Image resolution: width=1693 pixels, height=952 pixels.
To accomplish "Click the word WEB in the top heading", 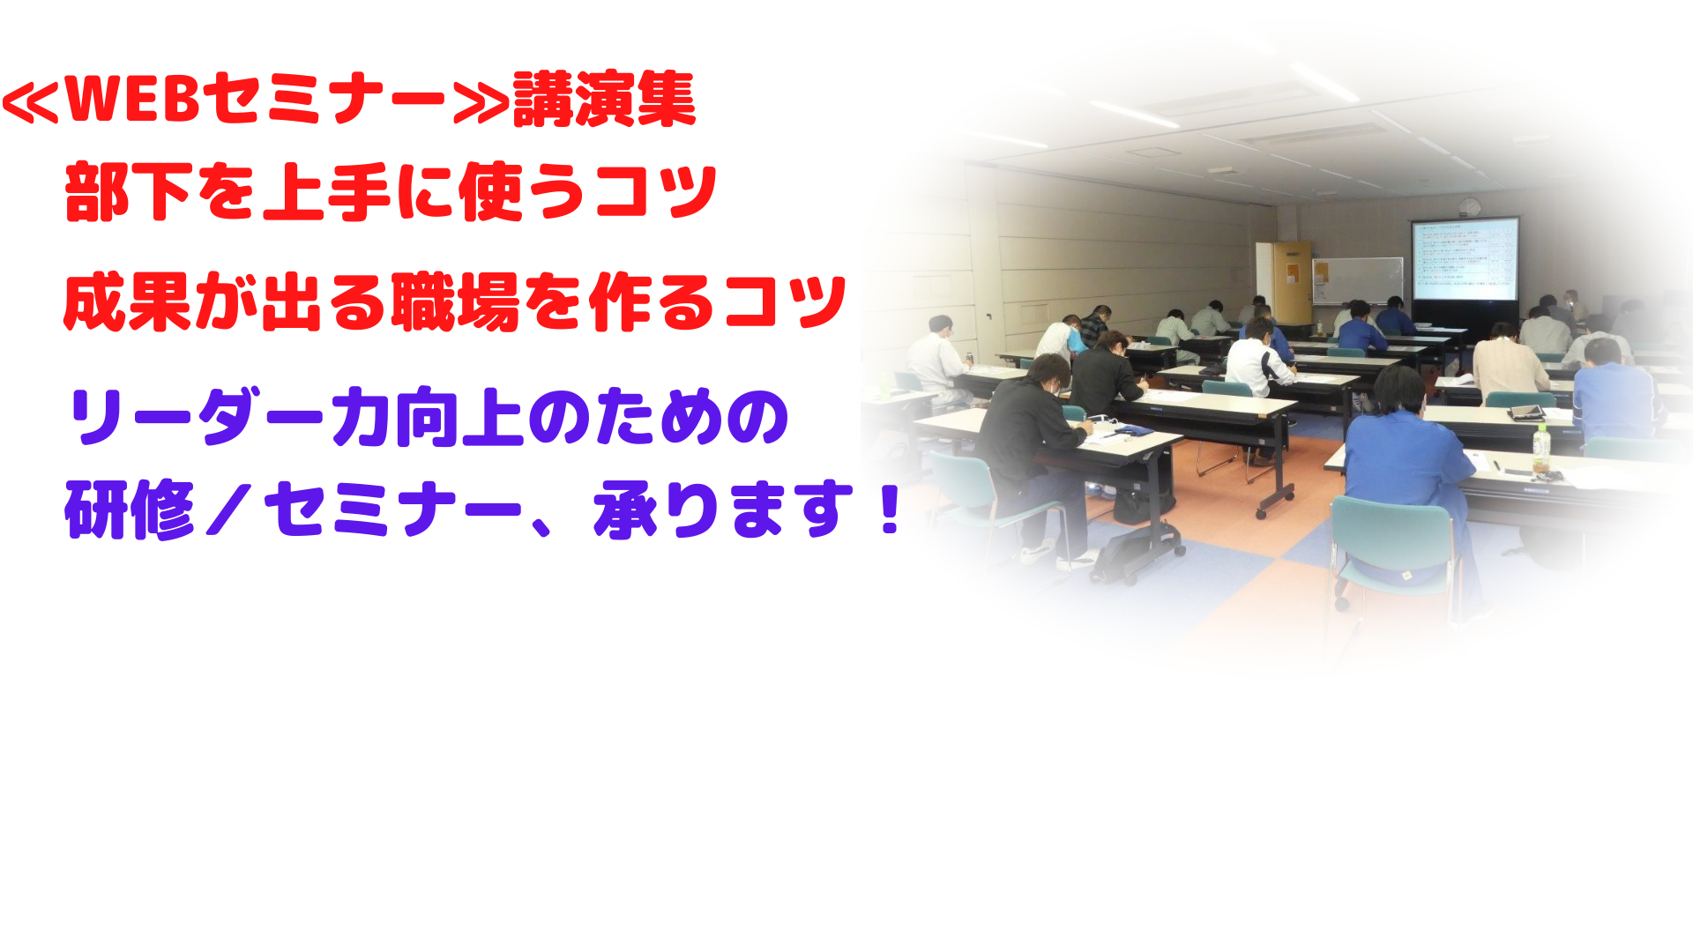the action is click(x=132, y=99).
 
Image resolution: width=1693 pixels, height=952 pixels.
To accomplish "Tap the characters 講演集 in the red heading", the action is click(x=605, y=99).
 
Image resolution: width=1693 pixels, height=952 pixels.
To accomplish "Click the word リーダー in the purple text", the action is click(x=198, y=417).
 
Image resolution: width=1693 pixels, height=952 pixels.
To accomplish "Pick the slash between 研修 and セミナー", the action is click(x=228, y=511).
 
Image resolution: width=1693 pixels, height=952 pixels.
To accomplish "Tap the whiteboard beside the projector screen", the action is click(x=1357, y=281).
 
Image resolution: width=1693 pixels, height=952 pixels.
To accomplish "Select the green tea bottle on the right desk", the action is click(x=1540, y=451).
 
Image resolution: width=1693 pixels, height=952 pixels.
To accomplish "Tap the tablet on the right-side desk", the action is click(x=1526, y=413).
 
